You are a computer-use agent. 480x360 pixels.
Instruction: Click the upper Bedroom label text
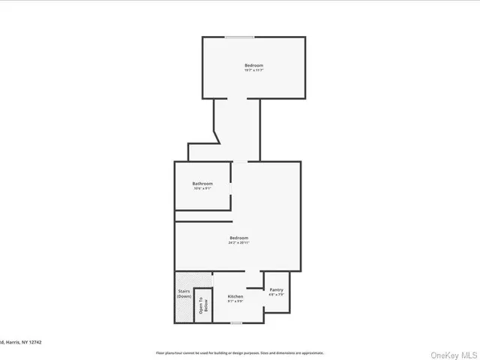tap(253, 65)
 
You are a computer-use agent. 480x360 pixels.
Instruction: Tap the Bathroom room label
tap(202, 184)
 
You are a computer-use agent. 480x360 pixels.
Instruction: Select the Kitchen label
tap(235, 296)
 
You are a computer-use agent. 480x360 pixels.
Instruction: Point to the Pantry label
tap(276, 289)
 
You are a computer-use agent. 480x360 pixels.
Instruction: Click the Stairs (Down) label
tap(184, 293)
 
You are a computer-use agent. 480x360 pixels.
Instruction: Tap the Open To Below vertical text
tap(201, 304)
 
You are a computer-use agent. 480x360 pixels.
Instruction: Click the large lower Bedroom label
tap(238, 238)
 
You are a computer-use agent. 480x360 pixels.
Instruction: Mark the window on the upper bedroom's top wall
tap(239, 37)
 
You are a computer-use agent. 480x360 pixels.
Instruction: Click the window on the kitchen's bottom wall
tap(235, 323)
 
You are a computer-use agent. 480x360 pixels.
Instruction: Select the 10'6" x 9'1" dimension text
tap(202, 189)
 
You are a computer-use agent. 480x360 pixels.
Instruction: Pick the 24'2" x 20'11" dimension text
tap(238, 243)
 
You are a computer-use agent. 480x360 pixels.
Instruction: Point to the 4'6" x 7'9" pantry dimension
tap(276, 295)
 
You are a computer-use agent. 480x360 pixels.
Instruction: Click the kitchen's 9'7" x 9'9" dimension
tap(235, 302)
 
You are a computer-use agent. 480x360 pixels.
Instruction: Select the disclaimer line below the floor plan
tap(239, 352)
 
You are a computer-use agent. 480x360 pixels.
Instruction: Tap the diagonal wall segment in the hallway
tap(217, 137)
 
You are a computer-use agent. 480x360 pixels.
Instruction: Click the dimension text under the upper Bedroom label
tap(253, 70)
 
